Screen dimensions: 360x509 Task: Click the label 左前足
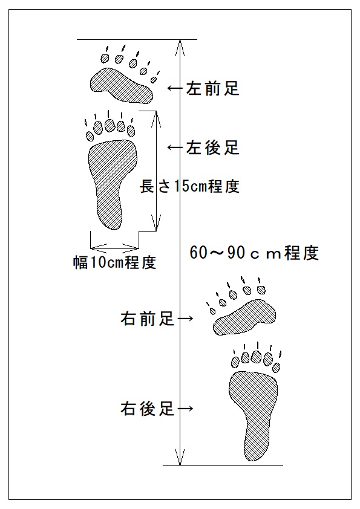[x=213, y=88]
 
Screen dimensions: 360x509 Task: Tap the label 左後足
[x=213, y=148]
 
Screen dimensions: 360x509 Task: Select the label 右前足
[x=147, y=319]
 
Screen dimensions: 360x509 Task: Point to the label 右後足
[x=147, y=409]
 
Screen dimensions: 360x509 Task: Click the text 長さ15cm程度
[x=190, y=186]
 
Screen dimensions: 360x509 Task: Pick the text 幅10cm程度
[x=115, y=262]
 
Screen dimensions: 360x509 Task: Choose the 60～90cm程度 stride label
[x=254, y=253]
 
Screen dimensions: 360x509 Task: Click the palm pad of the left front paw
[x=121, y=86]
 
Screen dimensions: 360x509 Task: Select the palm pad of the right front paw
[x=244, y=318]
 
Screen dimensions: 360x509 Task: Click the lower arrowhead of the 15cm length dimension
[x=157, y=222]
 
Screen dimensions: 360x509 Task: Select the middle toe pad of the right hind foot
[x=257, y=357]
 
